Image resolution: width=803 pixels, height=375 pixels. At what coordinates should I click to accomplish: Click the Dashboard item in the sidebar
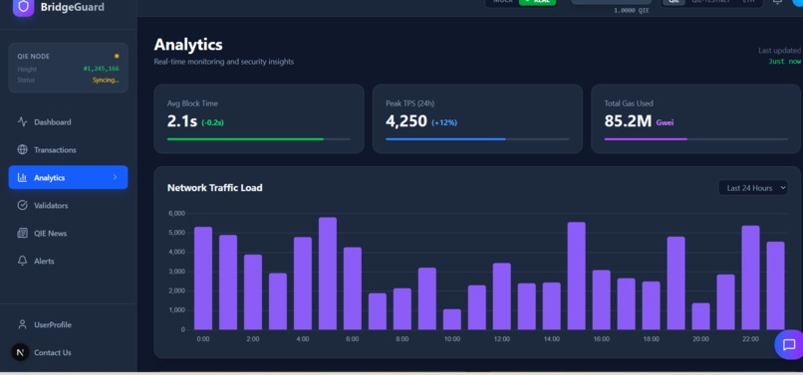click(52, 122)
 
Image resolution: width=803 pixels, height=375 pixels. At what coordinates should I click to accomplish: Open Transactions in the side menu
click(55, 150)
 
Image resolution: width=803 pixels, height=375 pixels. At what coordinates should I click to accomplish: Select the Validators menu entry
click(51, 206)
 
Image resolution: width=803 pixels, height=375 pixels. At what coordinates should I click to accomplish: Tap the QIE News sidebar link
click(51, 234)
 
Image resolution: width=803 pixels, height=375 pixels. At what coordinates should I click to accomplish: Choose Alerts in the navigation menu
click(44, 262)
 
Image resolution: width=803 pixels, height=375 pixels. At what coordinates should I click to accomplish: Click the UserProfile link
click(52, 325)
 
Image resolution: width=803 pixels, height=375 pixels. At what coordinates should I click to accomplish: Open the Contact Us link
click(52, 352)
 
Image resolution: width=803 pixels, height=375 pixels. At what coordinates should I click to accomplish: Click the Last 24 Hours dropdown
click(752, 188)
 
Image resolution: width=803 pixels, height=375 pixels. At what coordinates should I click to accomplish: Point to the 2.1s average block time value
click(184, 121)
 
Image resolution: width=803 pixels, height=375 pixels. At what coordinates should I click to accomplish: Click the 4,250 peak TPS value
click(406, 121)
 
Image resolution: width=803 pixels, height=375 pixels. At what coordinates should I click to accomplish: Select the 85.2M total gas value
click(628, 121)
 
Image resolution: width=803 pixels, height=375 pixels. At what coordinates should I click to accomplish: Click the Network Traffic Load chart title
click(214, 188)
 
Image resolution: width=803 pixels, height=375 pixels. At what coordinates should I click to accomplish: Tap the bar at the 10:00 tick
click(452, 319)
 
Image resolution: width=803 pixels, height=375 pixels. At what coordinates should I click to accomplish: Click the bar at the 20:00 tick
click(701, 316)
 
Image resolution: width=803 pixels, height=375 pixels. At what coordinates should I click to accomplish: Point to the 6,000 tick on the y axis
click(175, 214)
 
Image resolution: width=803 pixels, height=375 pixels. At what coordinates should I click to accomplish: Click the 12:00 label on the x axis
click(501, 339)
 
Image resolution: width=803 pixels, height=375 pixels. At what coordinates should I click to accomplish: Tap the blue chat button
click(788, 345)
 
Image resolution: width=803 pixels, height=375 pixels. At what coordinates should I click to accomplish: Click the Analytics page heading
click(188, 45)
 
